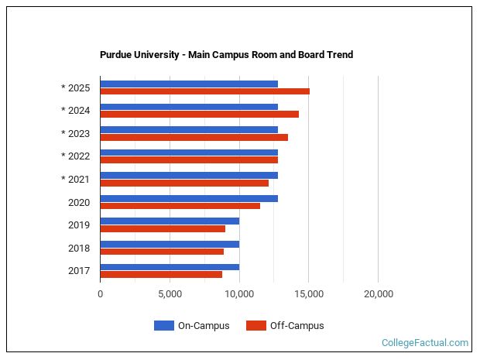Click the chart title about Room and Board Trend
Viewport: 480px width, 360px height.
pos(226,55)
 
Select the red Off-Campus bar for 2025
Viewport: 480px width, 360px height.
pos(204,91)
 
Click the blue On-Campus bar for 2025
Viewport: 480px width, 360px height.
pos(189,84)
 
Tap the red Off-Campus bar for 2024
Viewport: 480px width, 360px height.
pos(199,114)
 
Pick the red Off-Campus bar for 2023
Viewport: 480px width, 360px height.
pos(194,137)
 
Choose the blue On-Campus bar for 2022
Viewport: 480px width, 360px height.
pos(189,153)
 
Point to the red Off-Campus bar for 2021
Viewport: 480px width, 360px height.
pos(184,183)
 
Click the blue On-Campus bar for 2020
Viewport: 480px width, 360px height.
pos(189,198)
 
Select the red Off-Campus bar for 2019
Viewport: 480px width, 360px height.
pos(163,228)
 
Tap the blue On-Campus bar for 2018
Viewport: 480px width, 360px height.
pos(170,244)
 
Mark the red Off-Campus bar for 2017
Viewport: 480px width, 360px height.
pos(161,274)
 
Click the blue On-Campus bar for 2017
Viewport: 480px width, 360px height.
pos(170,267)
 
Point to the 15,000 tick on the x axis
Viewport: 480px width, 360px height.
pos(308,294)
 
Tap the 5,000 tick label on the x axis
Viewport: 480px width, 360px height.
pos(170,294)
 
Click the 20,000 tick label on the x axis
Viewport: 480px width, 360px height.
pos(378,294)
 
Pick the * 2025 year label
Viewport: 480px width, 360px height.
pos(76,87)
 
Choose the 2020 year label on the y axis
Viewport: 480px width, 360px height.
pos(79,202)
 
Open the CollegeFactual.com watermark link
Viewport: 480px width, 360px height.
pos(425,342)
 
